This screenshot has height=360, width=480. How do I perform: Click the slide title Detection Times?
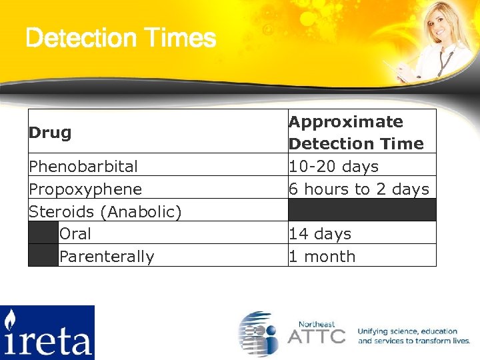pos(121,38)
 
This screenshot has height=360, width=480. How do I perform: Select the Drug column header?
pos(50,132)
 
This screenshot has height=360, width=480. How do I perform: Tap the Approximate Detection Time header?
pos(356,133)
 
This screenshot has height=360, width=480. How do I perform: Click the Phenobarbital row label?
pos(83,166)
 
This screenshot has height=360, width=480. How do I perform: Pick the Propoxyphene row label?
pos(85,189)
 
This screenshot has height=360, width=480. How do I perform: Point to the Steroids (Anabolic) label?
pos(105,211)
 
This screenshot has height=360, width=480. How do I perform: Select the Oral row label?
pos(75,234)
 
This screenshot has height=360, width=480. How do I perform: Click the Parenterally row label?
pos(107,257)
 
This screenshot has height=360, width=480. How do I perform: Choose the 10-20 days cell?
pos(333,166)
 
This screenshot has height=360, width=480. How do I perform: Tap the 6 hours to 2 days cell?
pos(359,189)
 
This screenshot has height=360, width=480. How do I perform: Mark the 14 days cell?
pos(321,234)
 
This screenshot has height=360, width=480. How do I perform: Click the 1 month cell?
pos(322,257)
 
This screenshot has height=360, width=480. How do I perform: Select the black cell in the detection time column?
pos(362,210)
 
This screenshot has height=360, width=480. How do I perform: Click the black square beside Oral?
pos(43,233)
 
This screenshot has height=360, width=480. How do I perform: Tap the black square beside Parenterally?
pos(43,255)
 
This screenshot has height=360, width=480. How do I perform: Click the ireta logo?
pos(47,332)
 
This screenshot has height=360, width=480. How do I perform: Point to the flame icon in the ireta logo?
pos(10,320)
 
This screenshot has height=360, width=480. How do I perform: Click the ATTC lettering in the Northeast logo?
pos(317,335)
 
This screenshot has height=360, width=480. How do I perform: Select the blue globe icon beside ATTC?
pos(259,333)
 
